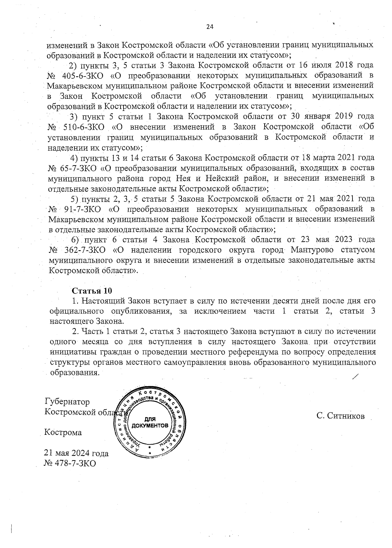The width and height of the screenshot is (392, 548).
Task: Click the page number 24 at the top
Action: click(210, 27)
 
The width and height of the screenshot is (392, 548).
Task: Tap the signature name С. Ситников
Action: click(340, 416)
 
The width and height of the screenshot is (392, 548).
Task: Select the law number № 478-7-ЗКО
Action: click(70, 463)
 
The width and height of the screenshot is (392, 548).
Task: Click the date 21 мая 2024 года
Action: click(76, 453)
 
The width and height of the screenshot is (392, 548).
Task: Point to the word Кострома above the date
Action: click(63, 433)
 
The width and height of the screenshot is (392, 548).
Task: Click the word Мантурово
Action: click(310, 250)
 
